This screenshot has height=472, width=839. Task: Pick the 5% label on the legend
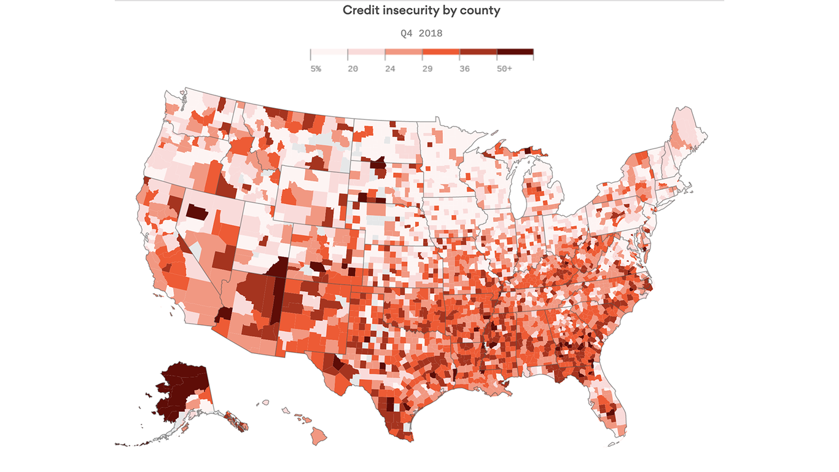(x=316, y=69)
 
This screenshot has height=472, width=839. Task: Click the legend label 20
(x=353, y=69)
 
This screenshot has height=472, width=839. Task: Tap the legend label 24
(x=390, y=69)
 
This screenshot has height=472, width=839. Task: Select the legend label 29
(x=427, y=69)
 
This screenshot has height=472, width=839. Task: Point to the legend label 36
(x=464, y=69)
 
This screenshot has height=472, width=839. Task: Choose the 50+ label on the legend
(x=504, y=69)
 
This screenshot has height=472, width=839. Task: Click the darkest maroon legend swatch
(x=515, y=53)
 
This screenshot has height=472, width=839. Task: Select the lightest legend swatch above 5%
(x=329, y=53)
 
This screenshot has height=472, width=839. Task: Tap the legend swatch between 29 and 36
(x=441, y=53)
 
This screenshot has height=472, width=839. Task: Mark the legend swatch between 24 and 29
(x=404, y=53)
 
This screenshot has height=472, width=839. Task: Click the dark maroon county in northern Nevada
(x=197, y=213)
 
